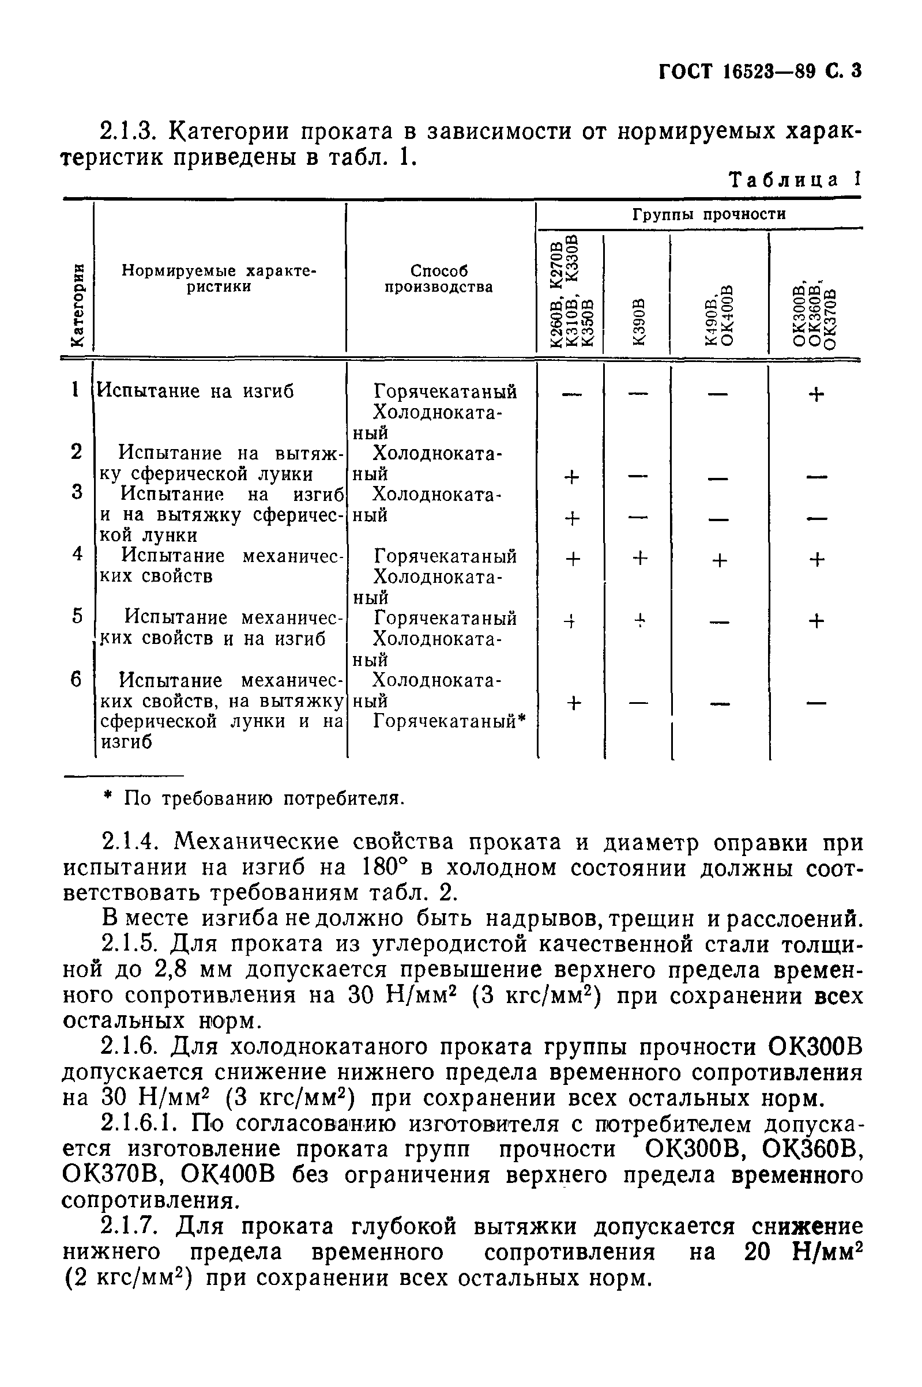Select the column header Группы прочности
pos(709,214)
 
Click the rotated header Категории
pos(77,306)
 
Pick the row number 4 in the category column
pos(77,553)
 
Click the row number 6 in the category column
pos(77,680)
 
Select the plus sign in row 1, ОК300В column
pos(815,394)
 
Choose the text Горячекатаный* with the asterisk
pos(449,721)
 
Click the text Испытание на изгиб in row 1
pos(195,391)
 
